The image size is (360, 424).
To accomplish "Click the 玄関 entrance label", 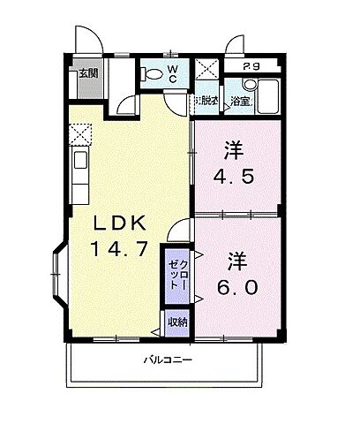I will [87, 73].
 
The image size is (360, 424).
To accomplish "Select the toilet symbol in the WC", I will [154, 75].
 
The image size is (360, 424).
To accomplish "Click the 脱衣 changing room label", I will [208, 102].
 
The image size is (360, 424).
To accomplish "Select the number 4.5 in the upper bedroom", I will [236, 175].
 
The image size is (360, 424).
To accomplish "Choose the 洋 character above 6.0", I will [236, 261].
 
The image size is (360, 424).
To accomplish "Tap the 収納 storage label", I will [176, 322].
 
